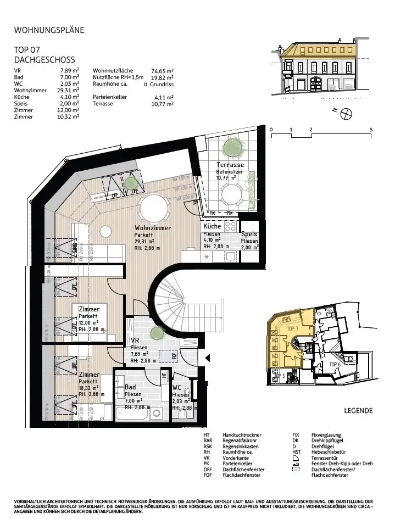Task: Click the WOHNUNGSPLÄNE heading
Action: coord(49,30)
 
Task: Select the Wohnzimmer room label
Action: coord(153,228)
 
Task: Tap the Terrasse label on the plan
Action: coord(230,165)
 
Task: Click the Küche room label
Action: coord(212,226)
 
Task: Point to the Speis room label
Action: coord(249,234)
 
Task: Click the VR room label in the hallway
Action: coord(135,341)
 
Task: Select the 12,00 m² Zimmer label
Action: coord(89,310)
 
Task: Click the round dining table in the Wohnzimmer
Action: coord(153,209)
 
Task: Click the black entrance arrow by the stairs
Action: coord(208,358)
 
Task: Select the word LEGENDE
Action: coord(358,410)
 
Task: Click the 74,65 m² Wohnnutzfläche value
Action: coord(162,71)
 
